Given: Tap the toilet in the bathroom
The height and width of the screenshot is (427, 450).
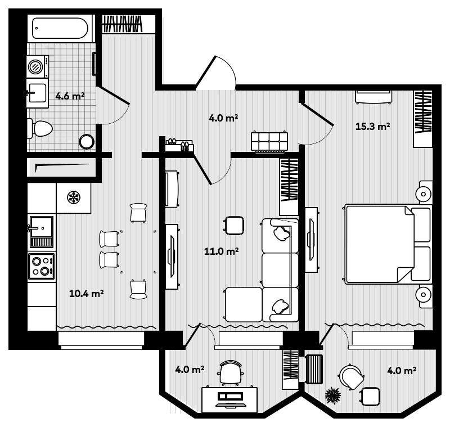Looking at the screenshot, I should [x=39, y=129].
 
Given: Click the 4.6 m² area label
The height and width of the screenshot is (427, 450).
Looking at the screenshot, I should [x=70, y=96].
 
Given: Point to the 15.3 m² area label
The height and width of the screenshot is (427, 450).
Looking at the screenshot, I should [x=373, y=127].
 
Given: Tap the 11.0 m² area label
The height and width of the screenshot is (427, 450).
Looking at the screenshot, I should [x=222, y=251].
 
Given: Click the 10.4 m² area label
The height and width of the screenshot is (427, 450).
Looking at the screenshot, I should [x=85, y=293].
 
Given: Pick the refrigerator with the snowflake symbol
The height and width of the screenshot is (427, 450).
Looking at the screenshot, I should [x=73, y=197].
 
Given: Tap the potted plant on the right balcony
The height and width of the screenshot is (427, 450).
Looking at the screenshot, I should [x=333, y=395].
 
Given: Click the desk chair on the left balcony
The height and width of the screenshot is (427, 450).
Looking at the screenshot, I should [x=231, y=372].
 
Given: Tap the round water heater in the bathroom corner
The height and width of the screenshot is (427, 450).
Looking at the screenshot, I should [x=86, y=141].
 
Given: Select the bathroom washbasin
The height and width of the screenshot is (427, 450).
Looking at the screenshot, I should [x=38, y=93].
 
